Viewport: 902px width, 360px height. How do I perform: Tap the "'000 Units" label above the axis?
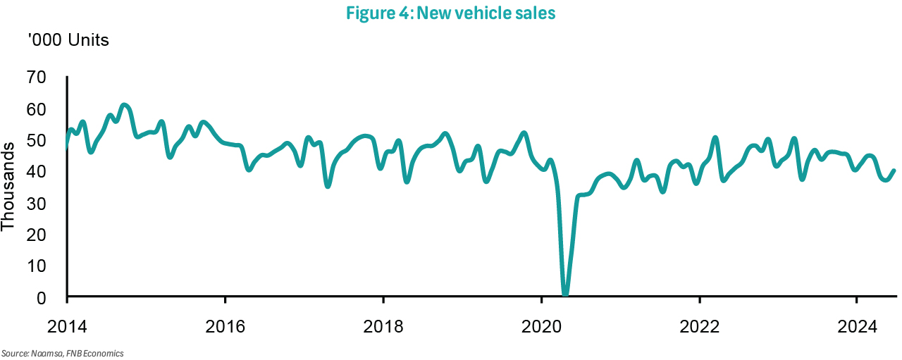tap(68, 40)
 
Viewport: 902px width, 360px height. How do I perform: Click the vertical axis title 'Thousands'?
tap(8, 187)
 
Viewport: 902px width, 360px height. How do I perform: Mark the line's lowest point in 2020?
tap(565, 294)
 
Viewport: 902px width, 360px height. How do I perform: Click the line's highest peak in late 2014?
tap(124, 106)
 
